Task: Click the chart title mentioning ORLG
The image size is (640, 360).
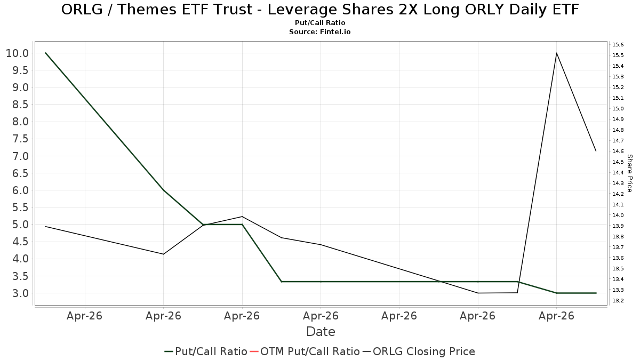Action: point(320,10)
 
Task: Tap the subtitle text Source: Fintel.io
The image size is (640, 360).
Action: point(319,31)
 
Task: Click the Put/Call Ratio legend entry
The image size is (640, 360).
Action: point(206,351)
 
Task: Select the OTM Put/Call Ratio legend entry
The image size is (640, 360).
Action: point(305,351)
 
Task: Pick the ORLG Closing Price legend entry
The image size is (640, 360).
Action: point(419,351)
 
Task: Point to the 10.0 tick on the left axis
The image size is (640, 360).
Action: point(18,53)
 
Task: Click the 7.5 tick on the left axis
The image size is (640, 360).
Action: point(21,139)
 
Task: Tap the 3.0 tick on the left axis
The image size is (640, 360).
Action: point(21,293)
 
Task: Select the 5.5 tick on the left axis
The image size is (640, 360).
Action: point(21,207)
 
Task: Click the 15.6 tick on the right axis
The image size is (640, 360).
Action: point(618,45)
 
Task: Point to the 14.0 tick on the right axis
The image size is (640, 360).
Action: point(618,215)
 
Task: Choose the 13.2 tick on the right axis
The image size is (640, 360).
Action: point(618,301)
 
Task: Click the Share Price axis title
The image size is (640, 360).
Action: point(629,173)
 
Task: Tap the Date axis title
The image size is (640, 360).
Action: point(321,332)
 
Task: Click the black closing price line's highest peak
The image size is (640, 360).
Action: point(557,53)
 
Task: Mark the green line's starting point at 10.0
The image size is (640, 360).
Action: point(46,53)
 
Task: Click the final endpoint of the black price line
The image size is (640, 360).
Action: point(596,151)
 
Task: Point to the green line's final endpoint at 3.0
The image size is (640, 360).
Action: point(596,293)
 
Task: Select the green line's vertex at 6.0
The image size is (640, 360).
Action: point(163,190)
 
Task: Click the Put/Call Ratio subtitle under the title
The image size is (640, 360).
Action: point(320,23)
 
